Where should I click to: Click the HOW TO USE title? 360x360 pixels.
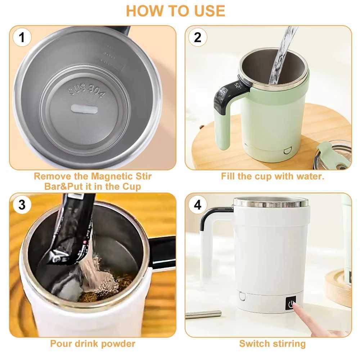(175, 11)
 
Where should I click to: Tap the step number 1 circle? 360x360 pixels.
(22, 37)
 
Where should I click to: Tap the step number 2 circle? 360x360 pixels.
(198, 37)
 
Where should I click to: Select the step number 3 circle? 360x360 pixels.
(22, 205)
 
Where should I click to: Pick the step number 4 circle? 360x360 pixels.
(198, 205)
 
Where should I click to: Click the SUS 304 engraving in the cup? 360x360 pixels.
(87, 91)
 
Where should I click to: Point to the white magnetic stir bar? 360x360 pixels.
(85, 109)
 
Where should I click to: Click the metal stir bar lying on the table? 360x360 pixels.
(203, 314)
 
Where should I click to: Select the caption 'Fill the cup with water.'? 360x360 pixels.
(273, 176)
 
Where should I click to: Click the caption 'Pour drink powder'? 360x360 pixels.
(93, 343)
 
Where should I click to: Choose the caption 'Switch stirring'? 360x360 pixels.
(272, 343)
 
